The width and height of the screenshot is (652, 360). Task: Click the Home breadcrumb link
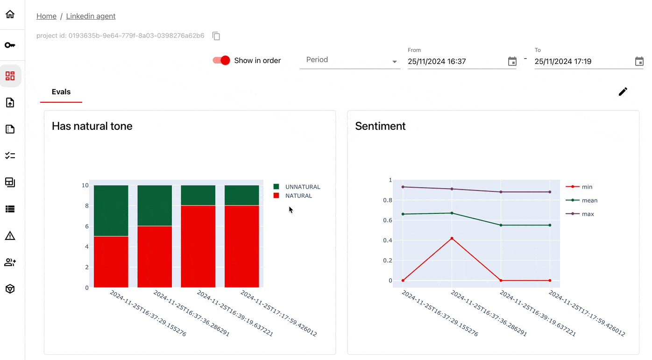pyautogui.click(x=46, y=16)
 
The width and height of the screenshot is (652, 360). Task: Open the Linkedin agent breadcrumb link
pyautogui.click(x=91, y=16)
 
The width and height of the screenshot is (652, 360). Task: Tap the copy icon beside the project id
pyautogui.click(x=216, y=36)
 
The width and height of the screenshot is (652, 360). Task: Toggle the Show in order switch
pyautogui.click(x=221, y=60)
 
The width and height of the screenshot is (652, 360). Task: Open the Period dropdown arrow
pyautogui.click(x=395, y=62)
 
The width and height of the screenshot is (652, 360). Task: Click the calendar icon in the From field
pyautogui.click(x=512, y=61)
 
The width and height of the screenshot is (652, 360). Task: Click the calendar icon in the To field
pyautogui.click(x=639, y=61)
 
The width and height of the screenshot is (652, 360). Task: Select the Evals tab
pyautogui.click(x=61, y=92)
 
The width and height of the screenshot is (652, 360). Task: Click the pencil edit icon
pyautogui.click(x=623, y=92)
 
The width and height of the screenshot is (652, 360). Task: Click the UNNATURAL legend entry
pyautogui.click(x=302, y=187)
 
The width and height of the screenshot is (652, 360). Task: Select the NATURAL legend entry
pyautogui.click(x=298, y=196)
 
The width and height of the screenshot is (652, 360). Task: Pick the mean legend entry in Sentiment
pyautogui.click(x=589, y=200)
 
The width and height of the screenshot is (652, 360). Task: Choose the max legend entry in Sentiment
pyautogui.click(x=588, y=214)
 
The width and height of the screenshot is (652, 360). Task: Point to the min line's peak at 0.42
pyautogui.click(x=452, y=238)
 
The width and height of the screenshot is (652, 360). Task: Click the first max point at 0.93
pyautogui.click(x=403, y=187)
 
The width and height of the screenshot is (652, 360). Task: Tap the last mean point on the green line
pyautogui.click(x=550, y=225)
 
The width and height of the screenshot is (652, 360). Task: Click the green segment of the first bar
pyautogui.click(x=111, y=211)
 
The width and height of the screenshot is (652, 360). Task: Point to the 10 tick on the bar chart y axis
pyautogui.click(x=85, y=185)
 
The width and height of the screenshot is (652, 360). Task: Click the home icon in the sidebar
pyautogui.click(x=10, y=14)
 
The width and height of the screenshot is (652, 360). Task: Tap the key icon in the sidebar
pyautogui.click(x=10, y=45)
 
